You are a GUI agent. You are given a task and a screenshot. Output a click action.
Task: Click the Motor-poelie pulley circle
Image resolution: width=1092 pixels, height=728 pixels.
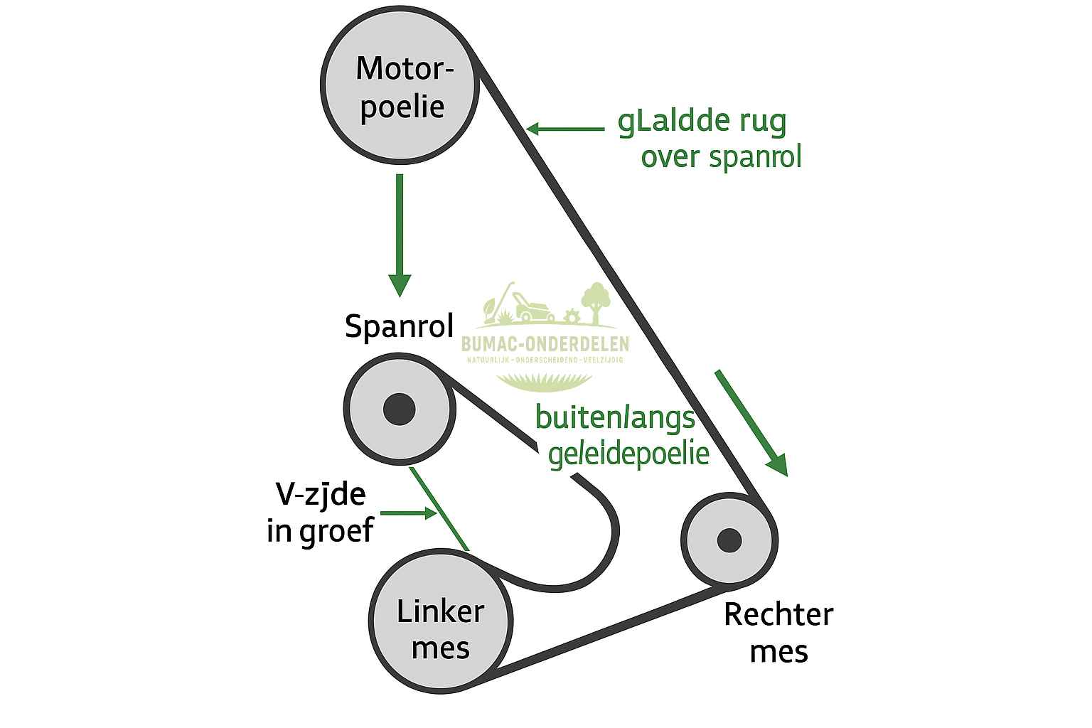click(400, 87)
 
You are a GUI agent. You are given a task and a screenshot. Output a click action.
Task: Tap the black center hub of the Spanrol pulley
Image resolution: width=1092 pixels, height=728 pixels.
click(399, 409)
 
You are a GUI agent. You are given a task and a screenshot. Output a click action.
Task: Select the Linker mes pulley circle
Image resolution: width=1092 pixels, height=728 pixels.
click(441, 620)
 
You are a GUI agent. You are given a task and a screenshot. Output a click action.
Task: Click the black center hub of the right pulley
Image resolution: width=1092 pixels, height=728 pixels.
click(729, 540)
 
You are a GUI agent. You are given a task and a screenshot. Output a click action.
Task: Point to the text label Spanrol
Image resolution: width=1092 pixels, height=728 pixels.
click(399, 326)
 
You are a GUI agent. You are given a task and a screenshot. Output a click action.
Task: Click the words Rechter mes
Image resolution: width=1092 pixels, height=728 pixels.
click(778, 633)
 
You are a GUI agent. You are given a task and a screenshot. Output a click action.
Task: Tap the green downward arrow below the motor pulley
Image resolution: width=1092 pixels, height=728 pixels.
click(400, 235)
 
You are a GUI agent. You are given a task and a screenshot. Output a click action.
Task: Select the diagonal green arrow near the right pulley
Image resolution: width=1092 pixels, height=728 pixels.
click(751, 423)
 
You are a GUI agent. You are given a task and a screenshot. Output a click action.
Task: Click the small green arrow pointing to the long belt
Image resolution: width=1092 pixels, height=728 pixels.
click(565, 129)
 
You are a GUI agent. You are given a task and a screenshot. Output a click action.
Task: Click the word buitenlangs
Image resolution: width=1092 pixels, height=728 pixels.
click(615, 418)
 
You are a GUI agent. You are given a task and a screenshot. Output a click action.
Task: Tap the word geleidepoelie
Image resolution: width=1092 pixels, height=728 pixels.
click(629, 454)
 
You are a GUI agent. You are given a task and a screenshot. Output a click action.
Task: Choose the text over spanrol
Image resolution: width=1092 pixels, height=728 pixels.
click(721, 157)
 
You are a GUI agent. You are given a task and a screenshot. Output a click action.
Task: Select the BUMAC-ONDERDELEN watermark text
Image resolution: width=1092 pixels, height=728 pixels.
click(545, 345)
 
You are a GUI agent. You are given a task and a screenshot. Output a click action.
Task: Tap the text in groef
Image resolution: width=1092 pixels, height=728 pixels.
click(320, 530)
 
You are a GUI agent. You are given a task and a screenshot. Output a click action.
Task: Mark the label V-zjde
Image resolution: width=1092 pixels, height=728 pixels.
click(321, 494)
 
